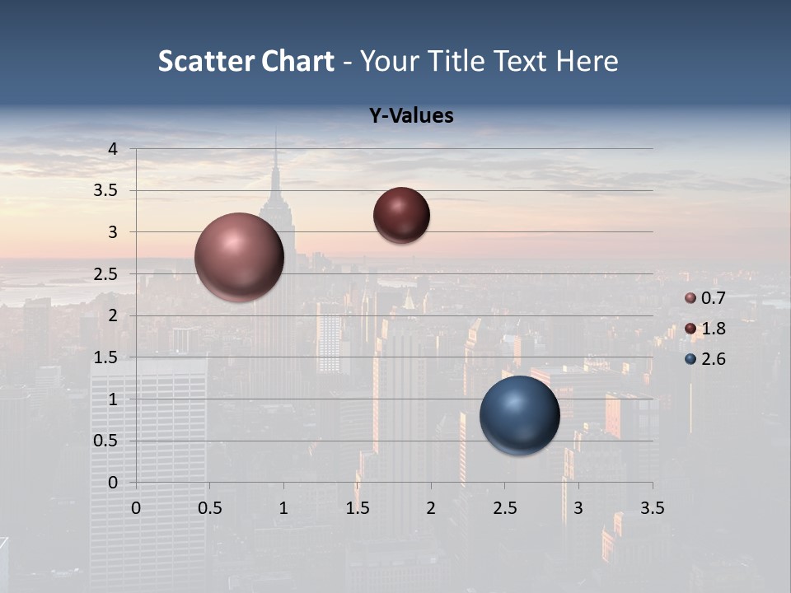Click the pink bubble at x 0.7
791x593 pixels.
(x=240, y=257)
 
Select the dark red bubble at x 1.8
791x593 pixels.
(x=401, y=215)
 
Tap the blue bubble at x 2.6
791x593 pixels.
(x=520, y=415)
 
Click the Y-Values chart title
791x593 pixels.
(x=410, y=116)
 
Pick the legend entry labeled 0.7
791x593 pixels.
(x=705, y=298)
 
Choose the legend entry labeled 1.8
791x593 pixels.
(x=705, y=329)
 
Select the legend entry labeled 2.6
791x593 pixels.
(x=705, y=359)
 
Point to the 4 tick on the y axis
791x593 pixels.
(x=114, y=149)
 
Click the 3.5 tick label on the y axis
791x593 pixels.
(x=105, y=190)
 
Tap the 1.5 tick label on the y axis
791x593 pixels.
(x=105, y=357)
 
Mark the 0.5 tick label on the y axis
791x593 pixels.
(x=105, y=441)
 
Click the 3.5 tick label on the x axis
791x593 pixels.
(x=652, y=508)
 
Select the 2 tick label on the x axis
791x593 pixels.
(x=431, y=508)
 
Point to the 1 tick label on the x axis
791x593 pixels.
(x=283, y=508)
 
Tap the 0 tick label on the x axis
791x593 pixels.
(x=136, y=508)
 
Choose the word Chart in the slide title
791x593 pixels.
(x=297, y=61)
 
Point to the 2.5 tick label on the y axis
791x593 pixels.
(x=105, y=274)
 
